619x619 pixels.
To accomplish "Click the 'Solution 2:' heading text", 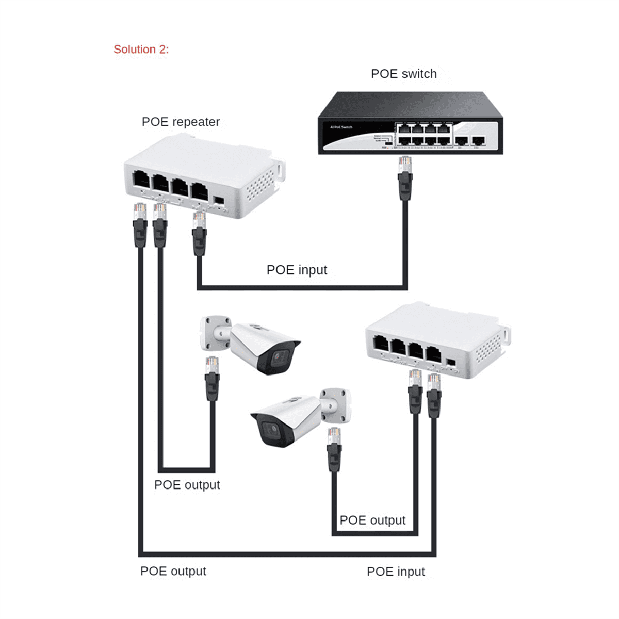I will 141,50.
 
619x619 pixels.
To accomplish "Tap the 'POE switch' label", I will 403,74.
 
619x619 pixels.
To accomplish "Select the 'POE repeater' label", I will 181,122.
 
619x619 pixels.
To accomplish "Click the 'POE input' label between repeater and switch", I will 297,270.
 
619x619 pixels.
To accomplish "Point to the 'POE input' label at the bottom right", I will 396,572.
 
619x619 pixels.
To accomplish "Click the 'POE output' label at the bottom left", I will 173,571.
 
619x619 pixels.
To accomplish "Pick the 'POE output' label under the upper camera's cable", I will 187,485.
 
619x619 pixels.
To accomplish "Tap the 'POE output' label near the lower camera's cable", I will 372,520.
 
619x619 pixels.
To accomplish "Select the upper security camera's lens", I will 279,357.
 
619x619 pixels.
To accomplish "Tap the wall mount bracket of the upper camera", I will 214,331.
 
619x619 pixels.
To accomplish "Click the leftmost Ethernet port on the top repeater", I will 141,180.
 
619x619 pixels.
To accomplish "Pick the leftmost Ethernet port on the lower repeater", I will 381,344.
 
